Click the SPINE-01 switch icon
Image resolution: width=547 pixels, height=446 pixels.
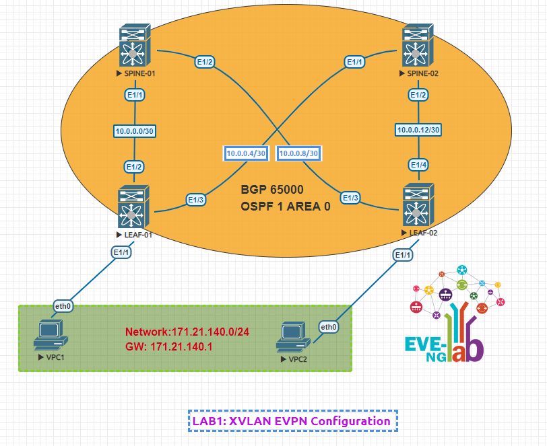[135, 45]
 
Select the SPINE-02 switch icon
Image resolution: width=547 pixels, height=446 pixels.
[418, 45]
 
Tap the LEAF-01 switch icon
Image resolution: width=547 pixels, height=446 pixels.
[134, 207]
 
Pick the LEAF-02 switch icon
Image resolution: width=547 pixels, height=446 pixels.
[418, 205]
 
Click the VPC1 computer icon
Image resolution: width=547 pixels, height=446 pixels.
[51, 335]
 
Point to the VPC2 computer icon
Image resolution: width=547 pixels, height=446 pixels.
[294, 337]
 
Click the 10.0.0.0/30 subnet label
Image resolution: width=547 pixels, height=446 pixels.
[135, 131]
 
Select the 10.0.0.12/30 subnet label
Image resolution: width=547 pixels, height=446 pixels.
[418, 130]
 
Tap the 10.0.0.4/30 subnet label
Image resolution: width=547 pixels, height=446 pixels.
[246, 153]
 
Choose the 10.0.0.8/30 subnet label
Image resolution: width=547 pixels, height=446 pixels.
[298, 153]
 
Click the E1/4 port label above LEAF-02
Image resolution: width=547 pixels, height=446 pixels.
[418, 165]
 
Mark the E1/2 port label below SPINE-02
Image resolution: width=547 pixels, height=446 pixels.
[418, 95]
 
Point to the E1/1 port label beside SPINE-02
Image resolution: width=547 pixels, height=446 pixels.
[355, 62]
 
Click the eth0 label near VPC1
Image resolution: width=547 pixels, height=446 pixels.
[63, 306]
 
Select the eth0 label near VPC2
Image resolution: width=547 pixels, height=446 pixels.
[329, 327]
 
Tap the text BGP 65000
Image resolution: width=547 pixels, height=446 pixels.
[272, 190]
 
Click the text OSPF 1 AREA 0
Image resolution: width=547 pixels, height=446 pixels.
[286, 207]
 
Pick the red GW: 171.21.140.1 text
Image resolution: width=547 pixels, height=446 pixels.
[169, 346]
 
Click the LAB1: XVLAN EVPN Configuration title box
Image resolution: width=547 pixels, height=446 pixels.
[293, 421]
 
